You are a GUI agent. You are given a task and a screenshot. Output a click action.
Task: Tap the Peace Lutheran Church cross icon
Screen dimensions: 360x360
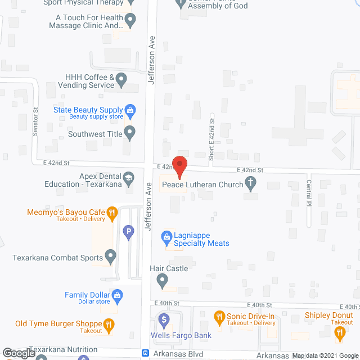[x=251, y=183]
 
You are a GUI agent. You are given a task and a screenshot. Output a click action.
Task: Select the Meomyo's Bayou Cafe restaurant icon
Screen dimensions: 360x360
[x=112, y=213]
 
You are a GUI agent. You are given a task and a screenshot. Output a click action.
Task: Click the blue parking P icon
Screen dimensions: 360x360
[x=128, y=230]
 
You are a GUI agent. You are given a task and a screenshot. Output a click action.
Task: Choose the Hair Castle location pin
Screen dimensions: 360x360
[x=162, y=279]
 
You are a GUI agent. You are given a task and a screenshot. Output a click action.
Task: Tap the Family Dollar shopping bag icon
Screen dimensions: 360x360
[x=117, y=294]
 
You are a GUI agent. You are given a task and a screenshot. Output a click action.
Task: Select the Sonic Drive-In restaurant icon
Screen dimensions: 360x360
[x=219, y=318]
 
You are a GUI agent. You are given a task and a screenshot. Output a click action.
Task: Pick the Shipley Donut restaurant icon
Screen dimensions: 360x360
[x=339, y=332]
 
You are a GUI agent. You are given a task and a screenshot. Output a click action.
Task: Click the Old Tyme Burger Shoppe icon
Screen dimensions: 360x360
[x=109, y=324]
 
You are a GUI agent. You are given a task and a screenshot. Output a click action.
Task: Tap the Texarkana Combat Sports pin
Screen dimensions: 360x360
[x=110, y=258]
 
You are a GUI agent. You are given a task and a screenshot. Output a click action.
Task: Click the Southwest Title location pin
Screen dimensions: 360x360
[x=130, y=133]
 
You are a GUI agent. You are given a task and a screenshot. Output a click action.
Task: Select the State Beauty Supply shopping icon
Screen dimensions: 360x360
[x=130, y=110]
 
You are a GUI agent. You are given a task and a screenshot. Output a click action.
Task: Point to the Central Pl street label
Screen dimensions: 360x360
[x=309, y=191]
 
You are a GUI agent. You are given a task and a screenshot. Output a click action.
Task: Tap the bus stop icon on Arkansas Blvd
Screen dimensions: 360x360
[x=145, y=353]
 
